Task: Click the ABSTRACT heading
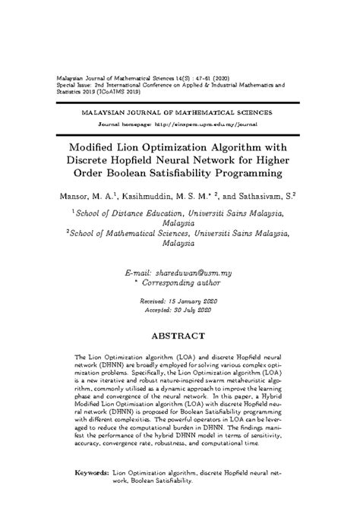[x=179, y=335]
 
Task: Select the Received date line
[x=179, y=301]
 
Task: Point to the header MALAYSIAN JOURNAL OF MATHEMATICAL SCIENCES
[x=179, y=110]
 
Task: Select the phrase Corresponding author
[x=184, y=282]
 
